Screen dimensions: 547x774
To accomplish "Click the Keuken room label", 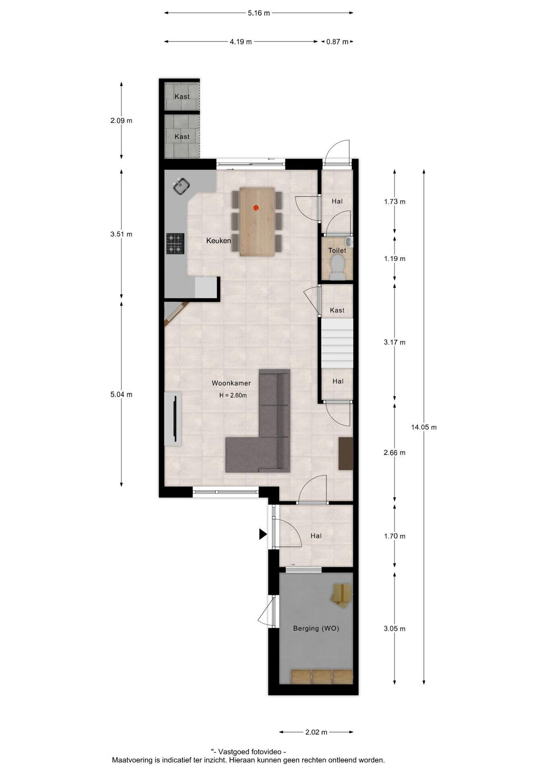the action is coord(219,241).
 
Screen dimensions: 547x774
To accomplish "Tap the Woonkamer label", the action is coord(231,383).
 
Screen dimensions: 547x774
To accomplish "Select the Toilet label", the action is coord(337,250).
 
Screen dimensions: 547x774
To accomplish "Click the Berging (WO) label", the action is coord(316,628).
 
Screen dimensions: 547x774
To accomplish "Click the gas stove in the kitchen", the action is coord(175,243).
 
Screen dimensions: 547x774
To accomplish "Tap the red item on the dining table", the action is coord(255,208).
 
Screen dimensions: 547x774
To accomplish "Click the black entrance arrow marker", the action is coord(263,535).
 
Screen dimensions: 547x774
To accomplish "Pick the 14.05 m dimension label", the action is coord(424,427).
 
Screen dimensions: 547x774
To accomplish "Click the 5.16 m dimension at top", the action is coord(259,13).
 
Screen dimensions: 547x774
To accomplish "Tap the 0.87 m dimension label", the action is coord(337,42).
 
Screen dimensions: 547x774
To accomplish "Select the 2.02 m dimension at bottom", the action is coord(316,732).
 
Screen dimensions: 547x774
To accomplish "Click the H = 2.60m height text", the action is coord(233,395).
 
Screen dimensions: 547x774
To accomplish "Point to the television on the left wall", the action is coord(175,416).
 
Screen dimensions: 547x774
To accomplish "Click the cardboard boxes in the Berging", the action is coord(342,595).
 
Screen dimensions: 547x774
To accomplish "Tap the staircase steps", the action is coord(337,343).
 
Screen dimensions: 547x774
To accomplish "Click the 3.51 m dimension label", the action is coord(121,234).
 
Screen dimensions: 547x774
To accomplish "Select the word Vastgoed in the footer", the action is coord(234,751).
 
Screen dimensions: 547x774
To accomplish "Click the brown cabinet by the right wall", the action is coord(346,454).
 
